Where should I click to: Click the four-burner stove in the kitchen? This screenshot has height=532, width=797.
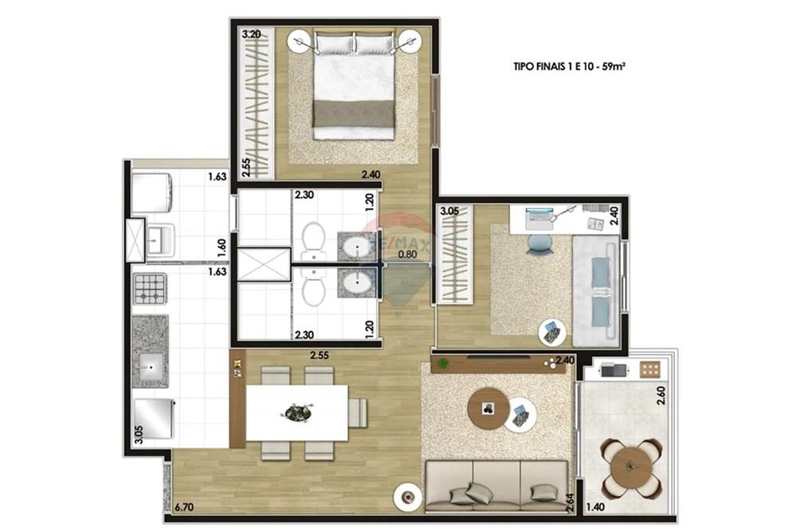(x=150, y=289)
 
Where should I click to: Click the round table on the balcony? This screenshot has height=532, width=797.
(x=630, y=467)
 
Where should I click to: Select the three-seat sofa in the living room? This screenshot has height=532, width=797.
(x=497, y=486)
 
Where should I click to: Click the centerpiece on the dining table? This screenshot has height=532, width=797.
(x=296, y=412)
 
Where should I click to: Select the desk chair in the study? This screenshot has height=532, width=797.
(x=540, y=243)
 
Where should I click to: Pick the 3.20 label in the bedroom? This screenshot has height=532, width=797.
(x=252, y=35)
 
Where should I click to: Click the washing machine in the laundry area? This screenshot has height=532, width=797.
(x=151, y=191)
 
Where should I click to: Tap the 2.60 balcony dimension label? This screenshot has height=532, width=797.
(x=661, y=395)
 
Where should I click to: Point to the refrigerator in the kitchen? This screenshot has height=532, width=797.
(x=154, y=419)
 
